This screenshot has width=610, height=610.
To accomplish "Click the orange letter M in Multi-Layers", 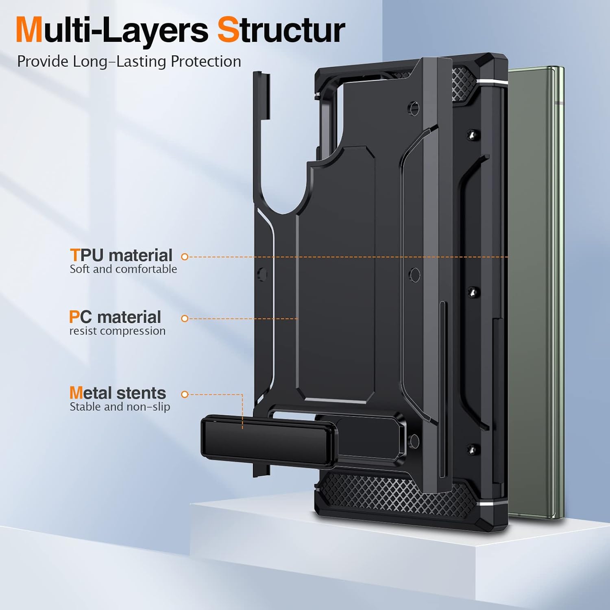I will point(30,30).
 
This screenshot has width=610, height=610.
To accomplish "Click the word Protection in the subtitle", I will point(206,61).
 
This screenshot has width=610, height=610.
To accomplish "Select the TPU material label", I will point(121,255).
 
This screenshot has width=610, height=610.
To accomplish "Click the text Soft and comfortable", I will point(123,269).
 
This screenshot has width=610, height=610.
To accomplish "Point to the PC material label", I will point(115,317).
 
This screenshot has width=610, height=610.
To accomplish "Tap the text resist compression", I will point(118,331).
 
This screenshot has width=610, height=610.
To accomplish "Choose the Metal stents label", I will point(118,393).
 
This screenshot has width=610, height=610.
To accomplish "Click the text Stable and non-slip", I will point(120,407).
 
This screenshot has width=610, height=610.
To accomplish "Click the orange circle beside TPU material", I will point(185,257).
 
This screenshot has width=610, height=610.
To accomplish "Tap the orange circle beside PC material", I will point(185,318).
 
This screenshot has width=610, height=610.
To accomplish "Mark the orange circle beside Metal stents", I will point(185,394).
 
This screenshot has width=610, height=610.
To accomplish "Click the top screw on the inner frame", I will point(472,135).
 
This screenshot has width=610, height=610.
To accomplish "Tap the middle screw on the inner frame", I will point(472,292).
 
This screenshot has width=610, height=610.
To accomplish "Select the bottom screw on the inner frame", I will point(472,449).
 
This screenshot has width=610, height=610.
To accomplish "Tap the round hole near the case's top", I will point(414,108).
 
